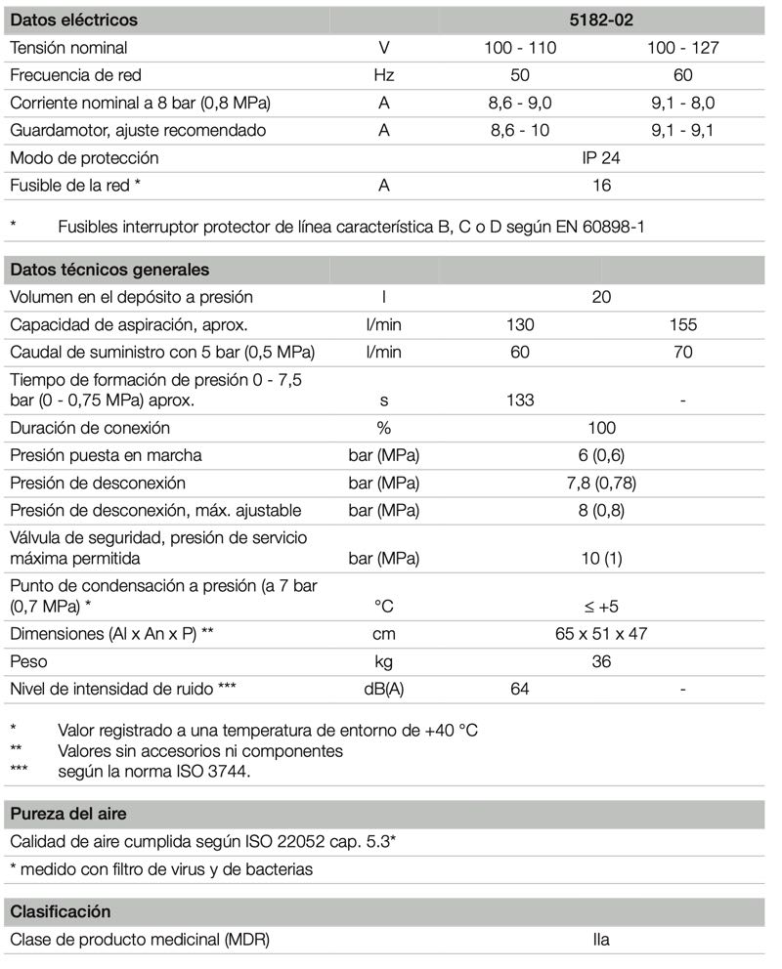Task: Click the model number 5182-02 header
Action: pos(601,20)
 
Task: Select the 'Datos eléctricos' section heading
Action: pos(73,20)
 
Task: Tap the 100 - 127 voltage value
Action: pos(682,48)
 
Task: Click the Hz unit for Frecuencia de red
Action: pos(384,75)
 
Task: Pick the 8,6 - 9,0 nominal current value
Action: pos(520,103)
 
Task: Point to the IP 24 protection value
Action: pos(601,157)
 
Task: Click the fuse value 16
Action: pos(601,185)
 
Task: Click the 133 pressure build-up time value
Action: pos(520,400)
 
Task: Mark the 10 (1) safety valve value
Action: pos(601,559)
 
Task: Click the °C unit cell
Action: pos(384,607)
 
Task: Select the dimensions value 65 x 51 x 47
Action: pos(601,634)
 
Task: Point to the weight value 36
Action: pos(601,661)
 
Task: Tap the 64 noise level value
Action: pos(520,690)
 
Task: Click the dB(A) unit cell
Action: pos(384,690)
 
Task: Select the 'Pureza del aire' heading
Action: pos(68,814)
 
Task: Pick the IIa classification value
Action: pos(601,941)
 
